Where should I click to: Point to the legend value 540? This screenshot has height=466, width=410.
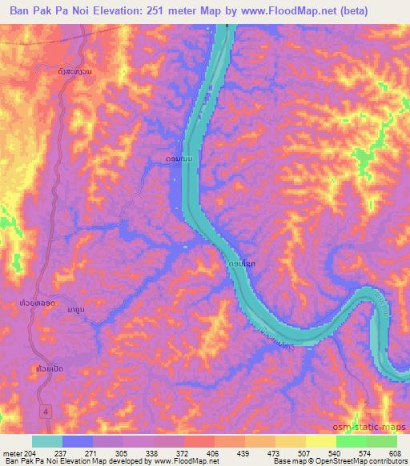click(x=320, y=454)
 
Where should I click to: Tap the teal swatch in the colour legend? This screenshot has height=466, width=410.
click(x=46, y=441)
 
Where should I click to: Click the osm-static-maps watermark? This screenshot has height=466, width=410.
click(x=375, y=424)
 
